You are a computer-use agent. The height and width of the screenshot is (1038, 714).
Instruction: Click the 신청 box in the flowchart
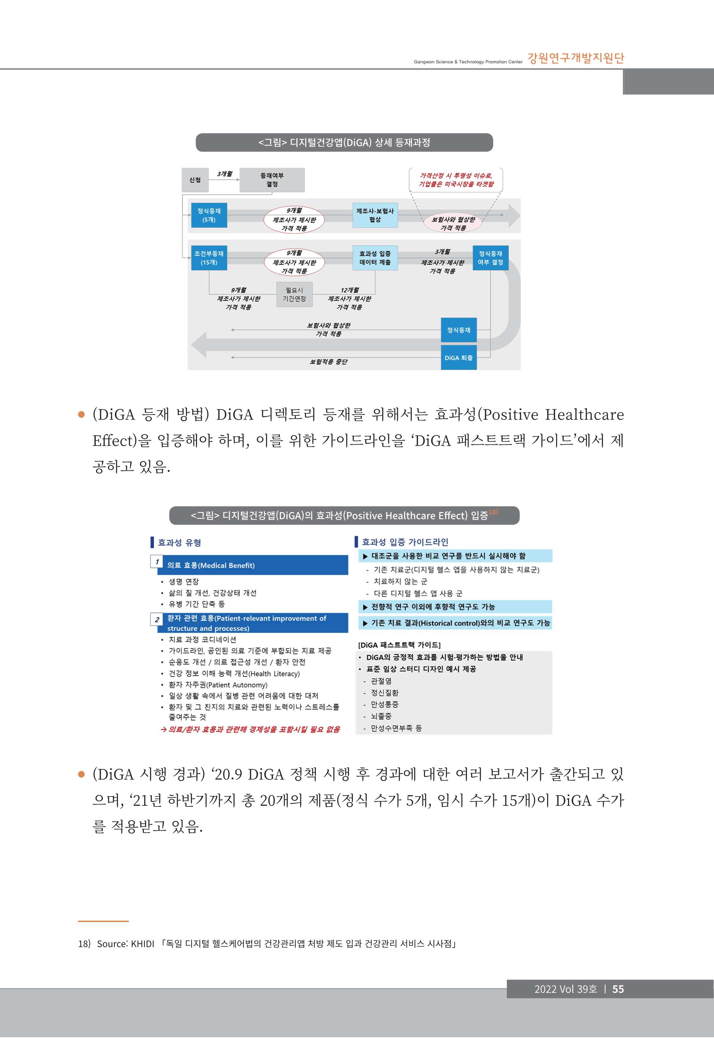pos(195,180)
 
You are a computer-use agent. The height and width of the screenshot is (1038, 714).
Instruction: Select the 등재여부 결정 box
pos(272,180)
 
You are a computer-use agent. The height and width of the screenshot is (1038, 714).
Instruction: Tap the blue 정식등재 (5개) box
pos(209,215)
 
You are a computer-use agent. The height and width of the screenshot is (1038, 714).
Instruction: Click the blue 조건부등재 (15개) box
pos(209,258)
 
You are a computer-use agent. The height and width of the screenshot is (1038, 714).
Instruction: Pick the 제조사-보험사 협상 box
pos(375,215)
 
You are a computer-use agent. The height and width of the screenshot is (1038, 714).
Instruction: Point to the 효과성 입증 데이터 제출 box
pos(375,258)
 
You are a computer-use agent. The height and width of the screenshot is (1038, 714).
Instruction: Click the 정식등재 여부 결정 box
pos(490,258)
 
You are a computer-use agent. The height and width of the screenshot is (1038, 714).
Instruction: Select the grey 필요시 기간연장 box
pos(294,294)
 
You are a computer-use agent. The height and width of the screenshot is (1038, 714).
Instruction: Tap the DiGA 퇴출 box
pos(459,358)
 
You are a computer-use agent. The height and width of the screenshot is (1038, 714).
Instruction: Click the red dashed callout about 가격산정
pos(456,180)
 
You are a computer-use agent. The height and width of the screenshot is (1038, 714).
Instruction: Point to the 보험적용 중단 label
pos(329,362)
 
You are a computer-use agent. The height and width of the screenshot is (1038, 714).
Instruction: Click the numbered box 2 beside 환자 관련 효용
pos(157,619)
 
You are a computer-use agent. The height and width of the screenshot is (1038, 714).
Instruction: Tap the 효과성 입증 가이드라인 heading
pos(405,542)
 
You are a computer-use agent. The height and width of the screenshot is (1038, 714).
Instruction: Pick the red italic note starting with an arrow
pos(250,729)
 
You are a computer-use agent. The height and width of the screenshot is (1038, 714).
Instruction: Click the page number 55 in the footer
pos(618,989)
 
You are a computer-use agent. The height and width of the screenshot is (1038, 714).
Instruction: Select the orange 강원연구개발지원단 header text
pos(576,58)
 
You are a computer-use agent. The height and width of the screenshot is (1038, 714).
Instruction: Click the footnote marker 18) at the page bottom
pos(84,944)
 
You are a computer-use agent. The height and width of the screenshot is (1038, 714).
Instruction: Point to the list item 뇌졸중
pos(381,716)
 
